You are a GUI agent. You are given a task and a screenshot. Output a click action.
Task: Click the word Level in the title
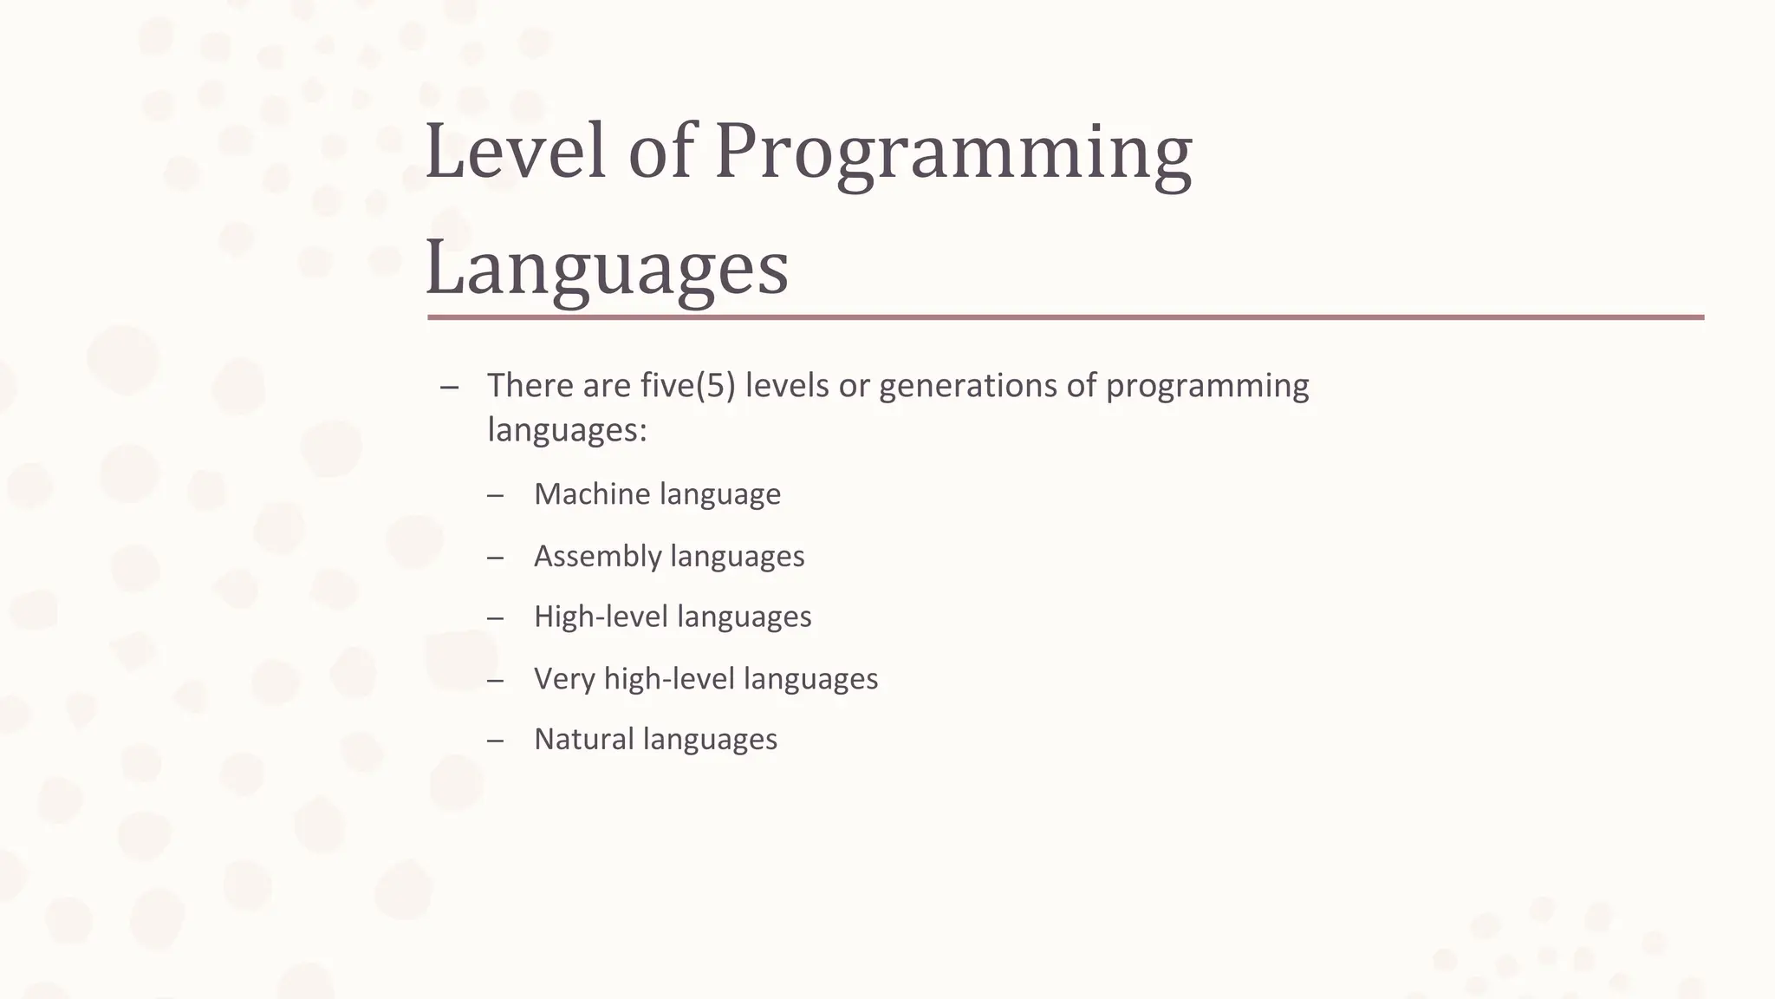515,153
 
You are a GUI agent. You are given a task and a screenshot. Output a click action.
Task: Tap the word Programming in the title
953,154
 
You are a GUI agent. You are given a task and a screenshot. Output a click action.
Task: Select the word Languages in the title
607,269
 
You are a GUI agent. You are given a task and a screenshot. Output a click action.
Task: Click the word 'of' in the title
661,153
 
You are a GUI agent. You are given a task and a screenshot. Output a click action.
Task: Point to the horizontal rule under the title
1065,317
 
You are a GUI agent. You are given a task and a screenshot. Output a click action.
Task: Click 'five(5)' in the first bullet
688,386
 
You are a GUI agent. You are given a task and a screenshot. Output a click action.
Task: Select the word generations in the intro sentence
967,386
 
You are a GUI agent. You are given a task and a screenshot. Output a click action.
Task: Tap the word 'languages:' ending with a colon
567,430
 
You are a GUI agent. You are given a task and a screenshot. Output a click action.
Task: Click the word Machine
592,494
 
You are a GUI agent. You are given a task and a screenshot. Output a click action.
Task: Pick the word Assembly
597,556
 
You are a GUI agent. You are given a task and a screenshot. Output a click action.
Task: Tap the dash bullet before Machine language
495,495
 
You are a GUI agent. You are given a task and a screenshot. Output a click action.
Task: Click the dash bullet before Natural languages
495,740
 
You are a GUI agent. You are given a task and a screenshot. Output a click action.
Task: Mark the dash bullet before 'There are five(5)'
448,387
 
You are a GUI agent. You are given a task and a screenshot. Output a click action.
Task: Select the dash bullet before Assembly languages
495,557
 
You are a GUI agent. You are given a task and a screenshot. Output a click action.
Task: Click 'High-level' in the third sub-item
601,617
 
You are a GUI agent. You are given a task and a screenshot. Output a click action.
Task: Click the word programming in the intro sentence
1207,386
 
